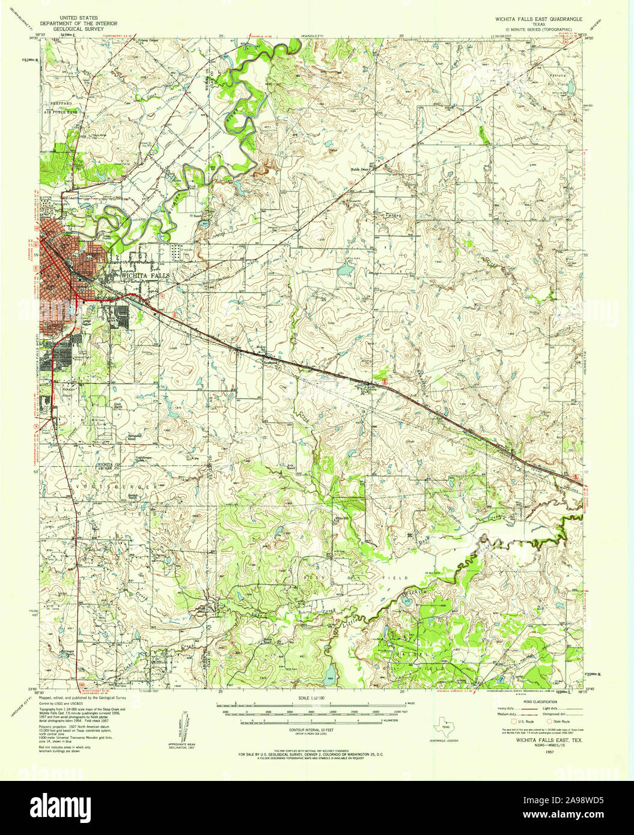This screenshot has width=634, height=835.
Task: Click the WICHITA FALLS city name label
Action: pyautogui.click(x=144, y=275)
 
